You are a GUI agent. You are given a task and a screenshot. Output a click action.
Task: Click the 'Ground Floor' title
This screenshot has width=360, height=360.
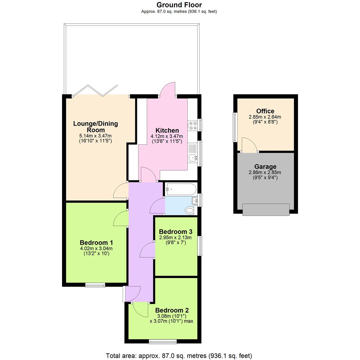(179, 5)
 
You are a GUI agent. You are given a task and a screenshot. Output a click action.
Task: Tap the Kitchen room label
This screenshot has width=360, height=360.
(167, 130)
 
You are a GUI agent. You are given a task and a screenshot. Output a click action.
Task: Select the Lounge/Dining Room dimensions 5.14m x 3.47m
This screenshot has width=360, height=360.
(95, 136)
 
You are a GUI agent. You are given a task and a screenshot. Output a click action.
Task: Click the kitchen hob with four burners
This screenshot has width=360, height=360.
(192, 125)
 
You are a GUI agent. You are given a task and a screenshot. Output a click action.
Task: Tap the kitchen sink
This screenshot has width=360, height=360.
(193, 158)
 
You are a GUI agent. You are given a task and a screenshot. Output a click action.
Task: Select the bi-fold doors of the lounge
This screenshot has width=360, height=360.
(95, 91)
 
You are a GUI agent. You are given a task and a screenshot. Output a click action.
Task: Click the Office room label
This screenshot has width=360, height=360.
(265, 111)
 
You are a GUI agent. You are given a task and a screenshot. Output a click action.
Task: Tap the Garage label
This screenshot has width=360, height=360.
(265, 167)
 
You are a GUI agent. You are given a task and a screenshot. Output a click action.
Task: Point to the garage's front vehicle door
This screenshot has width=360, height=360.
(266, 210)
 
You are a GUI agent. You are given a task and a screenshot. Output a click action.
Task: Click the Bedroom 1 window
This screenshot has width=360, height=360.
(95, 285)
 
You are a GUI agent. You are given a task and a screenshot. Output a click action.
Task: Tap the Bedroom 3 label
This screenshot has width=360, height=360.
(175, 232)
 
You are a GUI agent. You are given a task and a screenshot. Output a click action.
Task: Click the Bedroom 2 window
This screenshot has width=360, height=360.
(163, 341)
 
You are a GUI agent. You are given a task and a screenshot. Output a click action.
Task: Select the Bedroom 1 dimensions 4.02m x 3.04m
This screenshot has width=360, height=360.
(96, 249)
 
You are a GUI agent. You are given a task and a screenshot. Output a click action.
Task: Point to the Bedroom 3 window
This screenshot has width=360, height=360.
(200, 246)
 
